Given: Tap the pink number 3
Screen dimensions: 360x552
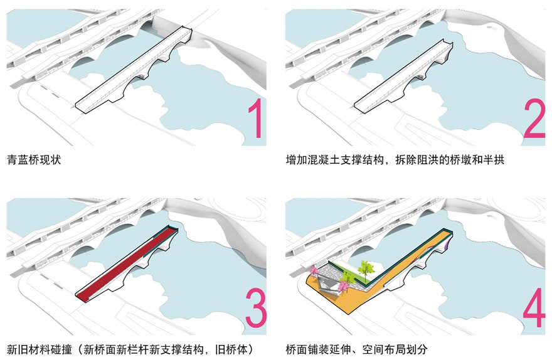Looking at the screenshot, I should [x=253, y=304].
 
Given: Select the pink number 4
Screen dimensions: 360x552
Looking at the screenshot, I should [x=534, y=304].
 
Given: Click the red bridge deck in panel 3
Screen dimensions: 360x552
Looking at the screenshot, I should [x=125, y=263].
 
